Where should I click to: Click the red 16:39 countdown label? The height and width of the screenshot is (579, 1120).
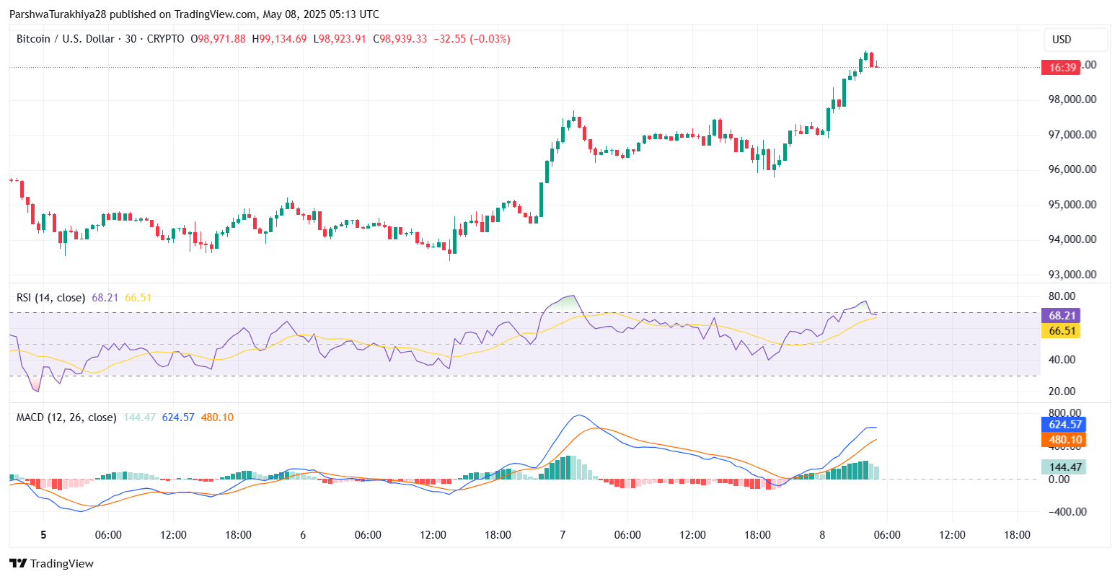(1063, 68)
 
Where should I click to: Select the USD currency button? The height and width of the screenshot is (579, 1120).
(1062, 40)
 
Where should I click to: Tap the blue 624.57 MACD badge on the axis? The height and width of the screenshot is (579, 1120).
(1063, 425)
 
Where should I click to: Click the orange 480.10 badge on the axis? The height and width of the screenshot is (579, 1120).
(1063, 440)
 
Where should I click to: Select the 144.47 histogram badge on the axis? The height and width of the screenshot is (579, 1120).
(1063, 467)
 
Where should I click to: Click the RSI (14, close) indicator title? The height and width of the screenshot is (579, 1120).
(50, 298)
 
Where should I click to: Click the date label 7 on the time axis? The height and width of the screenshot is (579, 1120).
(563, 535)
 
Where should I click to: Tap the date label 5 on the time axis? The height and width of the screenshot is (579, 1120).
(43, 535)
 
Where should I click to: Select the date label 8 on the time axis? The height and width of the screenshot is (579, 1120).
(822, 535)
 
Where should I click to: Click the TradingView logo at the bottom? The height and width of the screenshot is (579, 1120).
(51, 564)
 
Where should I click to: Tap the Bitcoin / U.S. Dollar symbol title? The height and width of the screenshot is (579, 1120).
(65, 39)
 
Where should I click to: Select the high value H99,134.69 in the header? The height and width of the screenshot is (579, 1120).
(279, 39)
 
